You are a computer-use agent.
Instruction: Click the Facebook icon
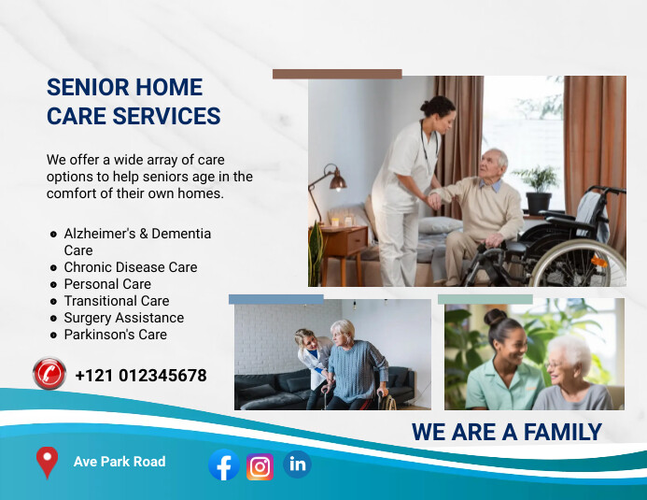click(223, 464)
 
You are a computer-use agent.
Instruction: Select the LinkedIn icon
click(297, 464)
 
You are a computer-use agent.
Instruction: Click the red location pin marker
click(46, 462)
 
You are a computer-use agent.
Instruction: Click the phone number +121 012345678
click(141, 376)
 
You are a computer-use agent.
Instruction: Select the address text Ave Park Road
click(120, 461)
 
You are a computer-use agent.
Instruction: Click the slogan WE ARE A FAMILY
click(506, 432)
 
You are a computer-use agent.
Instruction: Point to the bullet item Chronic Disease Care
click(130, 267)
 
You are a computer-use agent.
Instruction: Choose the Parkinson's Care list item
click(115, 335)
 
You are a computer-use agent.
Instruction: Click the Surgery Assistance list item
click(123, 318)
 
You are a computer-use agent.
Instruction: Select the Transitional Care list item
click(116, 301)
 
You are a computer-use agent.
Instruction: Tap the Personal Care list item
click(106, 284)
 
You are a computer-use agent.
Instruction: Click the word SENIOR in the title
click(87, 87)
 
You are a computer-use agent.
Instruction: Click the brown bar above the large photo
click(337, 74)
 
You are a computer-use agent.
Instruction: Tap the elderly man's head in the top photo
click(494, 162)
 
